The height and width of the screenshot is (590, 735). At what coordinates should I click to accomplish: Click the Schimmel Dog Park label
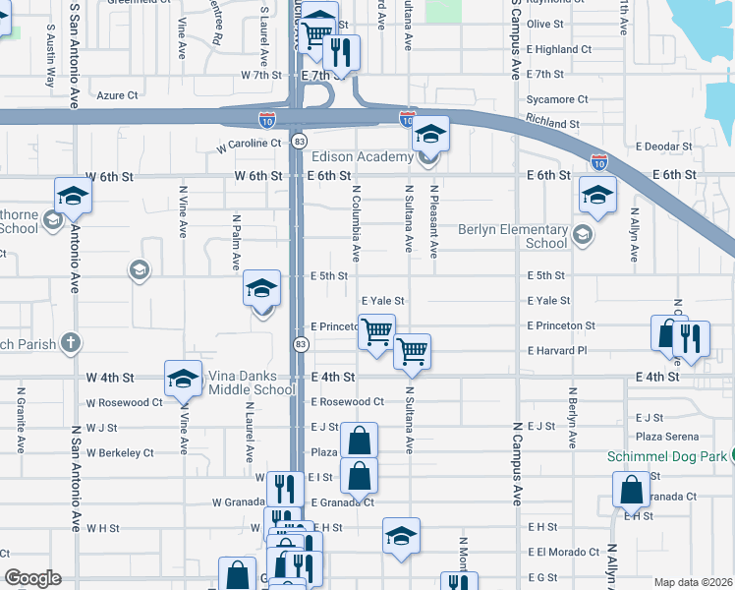coord(675,456)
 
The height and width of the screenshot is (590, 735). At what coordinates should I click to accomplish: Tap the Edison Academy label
coord(362,157)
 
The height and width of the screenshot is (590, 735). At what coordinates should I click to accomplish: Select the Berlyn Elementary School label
coord(513,236)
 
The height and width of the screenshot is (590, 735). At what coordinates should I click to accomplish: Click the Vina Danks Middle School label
coord(252,383)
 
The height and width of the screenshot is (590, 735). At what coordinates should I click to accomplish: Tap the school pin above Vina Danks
coord(183,379)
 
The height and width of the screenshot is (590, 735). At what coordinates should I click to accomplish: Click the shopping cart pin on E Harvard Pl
coord(412,350)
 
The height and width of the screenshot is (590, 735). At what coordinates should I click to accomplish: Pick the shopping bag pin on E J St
coord(360,440)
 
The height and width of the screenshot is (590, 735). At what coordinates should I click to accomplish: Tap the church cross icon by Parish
coord(69,342)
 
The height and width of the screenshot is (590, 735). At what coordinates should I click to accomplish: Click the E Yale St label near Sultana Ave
coord(383,301)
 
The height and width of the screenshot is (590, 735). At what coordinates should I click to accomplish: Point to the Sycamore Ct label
coord(557,99)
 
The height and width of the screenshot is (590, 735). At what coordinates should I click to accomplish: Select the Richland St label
coord(551,124)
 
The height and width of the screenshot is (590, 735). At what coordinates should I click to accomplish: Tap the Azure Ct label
coord(118,95)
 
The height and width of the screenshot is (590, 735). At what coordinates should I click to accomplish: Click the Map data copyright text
coord(692,582)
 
